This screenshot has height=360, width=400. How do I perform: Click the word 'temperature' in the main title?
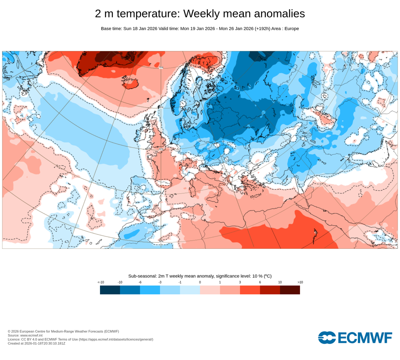[x=148, y=14]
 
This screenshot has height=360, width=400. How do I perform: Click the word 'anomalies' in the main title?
[x=279, y=14]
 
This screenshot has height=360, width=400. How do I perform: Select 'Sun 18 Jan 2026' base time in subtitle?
[x=140, y=29]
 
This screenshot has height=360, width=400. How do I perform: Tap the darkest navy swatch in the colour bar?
[x=110, y=290]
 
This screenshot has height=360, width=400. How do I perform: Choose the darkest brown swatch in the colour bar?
[x=290, y=290]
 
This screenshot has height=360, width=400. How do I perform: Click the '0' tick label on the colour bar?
[x=200, y=282]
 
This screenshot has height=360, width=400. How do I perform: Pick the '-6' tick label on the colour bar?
[x=140, y=282]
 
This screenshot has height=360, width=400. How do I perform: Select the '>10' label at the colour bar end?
[x=300, y=282]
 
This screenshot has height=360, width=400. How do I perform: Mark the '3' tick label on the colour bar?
[x=240, y=282]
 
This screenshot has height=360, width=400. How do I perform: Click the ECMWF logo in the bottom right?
[x=355, y=337]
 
